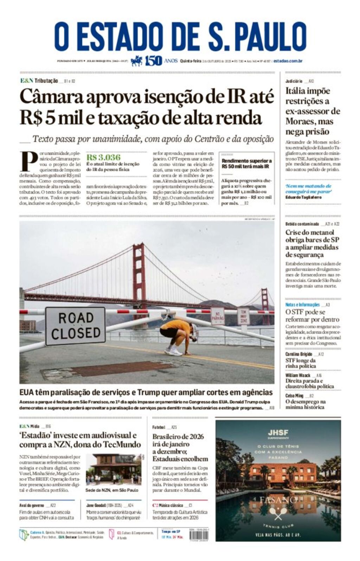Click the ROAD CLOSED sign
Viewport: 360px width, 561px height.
75,326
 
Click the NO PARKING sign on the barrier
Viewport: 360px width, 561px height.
218,315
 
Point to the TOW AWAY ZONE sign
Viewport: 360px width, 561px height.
243,316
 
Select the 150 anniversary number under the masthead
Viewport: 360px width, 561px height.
154,61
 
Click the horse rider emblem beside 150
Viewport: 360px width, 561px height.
137,61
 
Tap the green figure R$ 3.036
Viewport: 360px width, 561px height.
103,157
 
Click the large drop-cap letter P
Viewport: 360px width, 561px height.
28,161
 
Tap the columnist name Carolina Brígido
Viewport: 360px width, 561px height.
299,354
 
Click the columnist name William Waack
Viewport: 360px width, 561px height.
298,375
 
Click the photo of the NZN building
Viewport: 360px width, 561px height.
114,470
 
